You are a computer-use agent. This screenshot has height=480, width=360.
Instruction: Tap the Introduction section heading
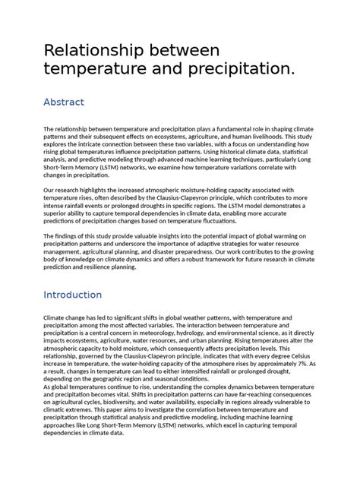pyautogui.click(x=83, y=294)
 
